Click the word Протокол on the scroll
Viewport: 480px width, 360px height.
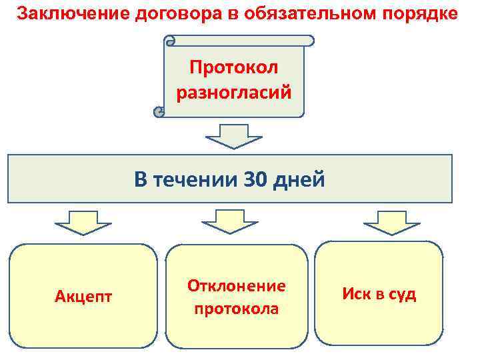(234, 67)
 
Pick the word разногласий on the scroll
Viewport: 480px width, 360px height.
(234, 92)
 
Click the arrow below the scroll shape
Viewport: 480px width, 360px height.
(234, 135)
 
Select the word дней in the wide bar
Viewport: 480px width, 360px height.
(301, 179)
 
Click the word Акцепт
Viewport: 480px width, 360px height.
(83, 295)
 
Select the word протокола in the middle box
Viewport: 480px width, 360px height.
(237, 309)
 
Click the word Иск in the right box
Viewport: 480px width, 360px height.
(355, 294)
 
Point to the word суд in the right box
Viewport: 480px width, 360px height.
(400, 294)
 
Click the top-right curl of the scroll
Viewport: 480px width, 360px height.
(309, 41)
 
